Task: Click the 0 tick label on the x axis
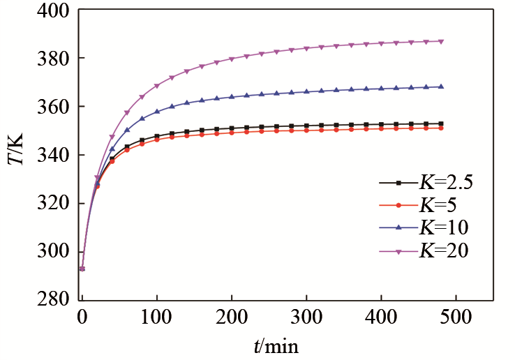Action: [82, 317]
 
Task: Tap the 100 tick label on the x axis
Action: [157, 317]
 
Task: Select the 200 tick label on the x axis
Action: [232, 317]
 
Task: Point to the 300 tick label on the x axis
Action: [306, 317]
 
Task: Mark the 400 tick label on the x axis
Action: [381, 317]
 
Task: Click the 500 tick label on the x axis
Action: [456, 317]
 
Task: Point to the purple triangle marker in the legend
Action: [398, 250]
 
